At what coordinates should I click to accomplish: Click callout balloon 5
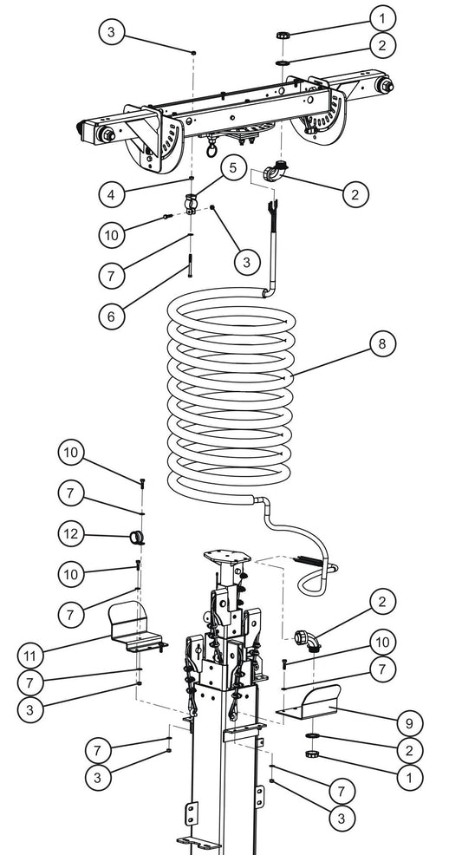coord(232,166)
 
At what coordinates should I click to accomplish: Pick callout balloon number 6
coord(111,317)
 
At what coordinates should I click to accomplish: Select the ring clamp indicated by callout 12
coord(135,536)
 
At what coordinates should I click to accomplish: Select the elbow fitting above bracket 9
coord(308,640)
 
